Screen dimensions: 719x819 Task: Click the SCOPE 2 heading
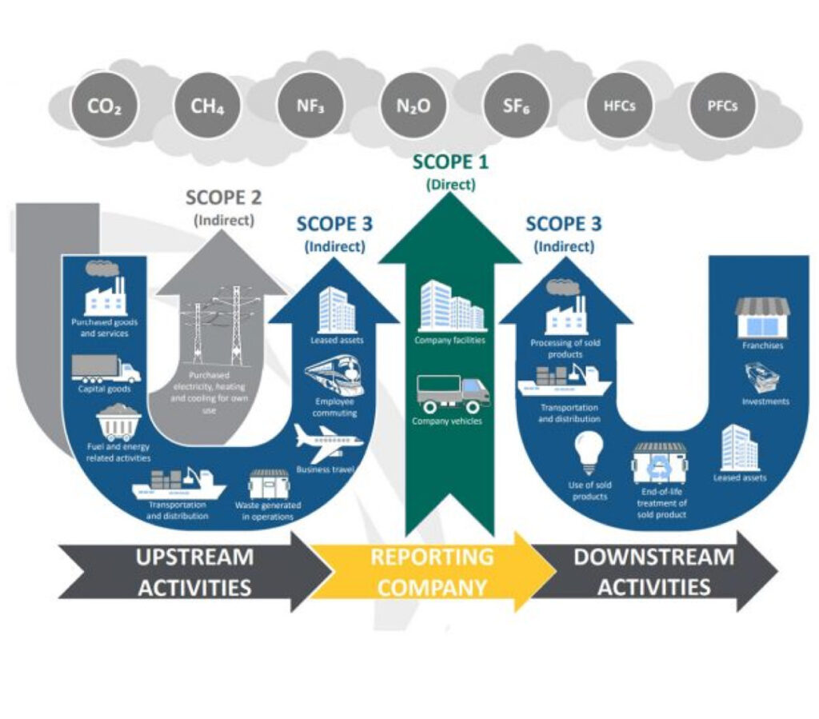click(x=223, y=197)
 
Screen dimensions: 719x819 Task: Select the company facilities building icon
click(x=451, y=305)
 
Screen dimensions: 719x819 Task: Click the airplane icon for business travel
click(x=328, y=441)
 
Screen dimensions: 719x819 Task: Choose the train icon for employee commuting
click(x=334, y=375)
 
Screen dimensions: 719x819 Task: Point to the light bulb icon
click(x=589, y=453)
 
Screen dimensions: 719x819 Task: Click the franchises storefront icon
click(x=761, y=317)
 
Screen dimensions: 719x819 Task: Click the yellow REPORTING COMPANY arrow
click(x=432, y=571)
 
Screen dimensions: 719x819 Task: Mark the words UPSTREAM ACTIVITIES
click(x=194, y=571)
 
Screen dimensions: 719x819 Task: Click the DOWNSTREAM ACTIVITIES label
click(x=653, y=571)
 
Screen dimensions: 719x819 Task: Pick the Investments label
click(x=765, y=401)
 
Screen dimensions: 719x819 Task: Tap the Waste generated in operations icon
click(x=268, y=483)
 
